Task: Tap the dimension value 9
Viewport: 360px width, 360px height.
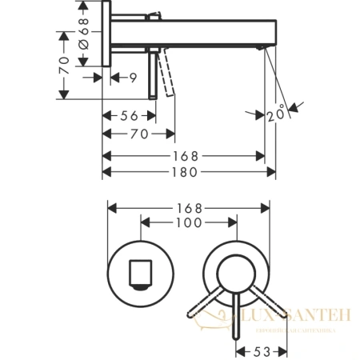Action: coord(134,78)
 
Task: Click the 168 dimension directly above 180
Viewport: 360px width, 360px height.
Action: coord(185,154)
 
